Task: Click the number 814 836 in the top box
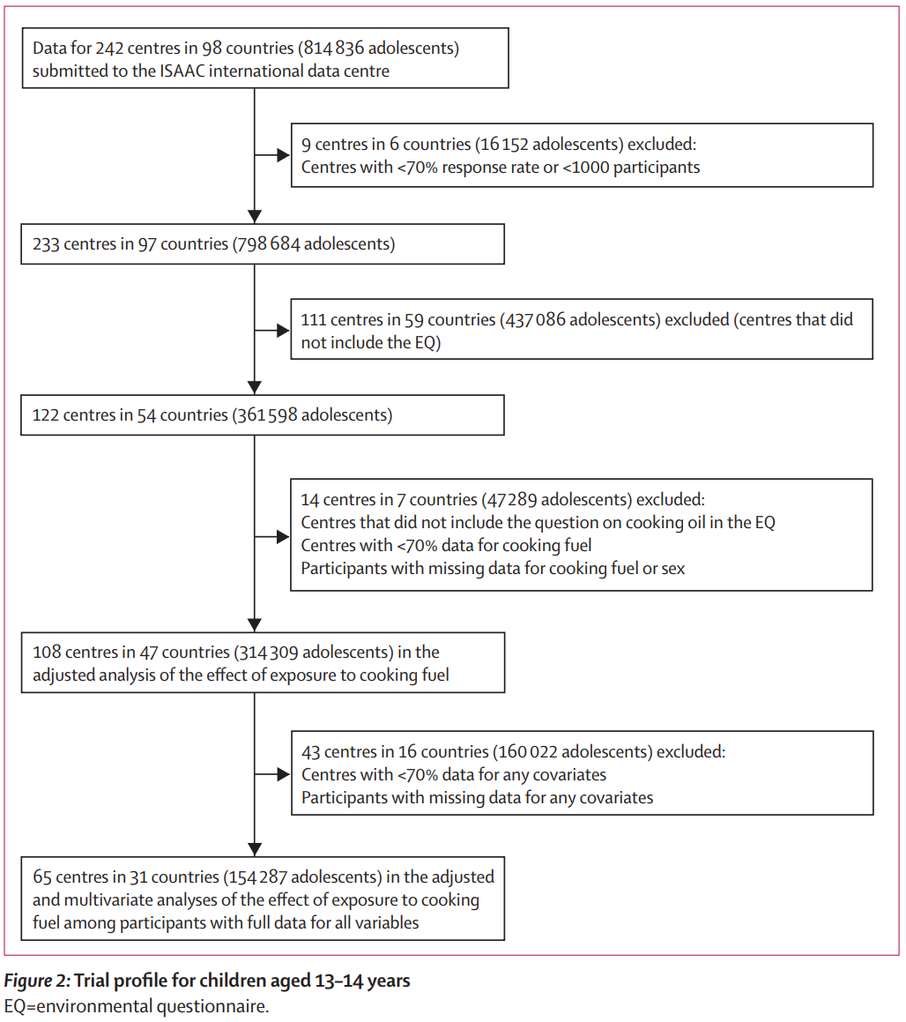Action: pyautogui.click(x=334, y=48)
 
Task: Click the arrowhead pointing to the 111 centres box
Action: pyautogui.click(x=283, y=331)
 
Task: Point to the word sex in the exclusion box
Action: pyautogui.click(x=672, y=569)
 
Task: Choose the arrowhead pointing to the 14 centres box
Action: pyautogui.click(x=283, y=536)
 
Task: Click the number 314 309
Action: pyautogui.click(x=268, y=653)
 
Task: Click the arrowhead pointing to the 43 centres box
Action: pyautogui.click(x=283, y=774)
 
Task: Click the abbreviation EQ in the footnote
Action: pyautogui.click(x=14, y=1006)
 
